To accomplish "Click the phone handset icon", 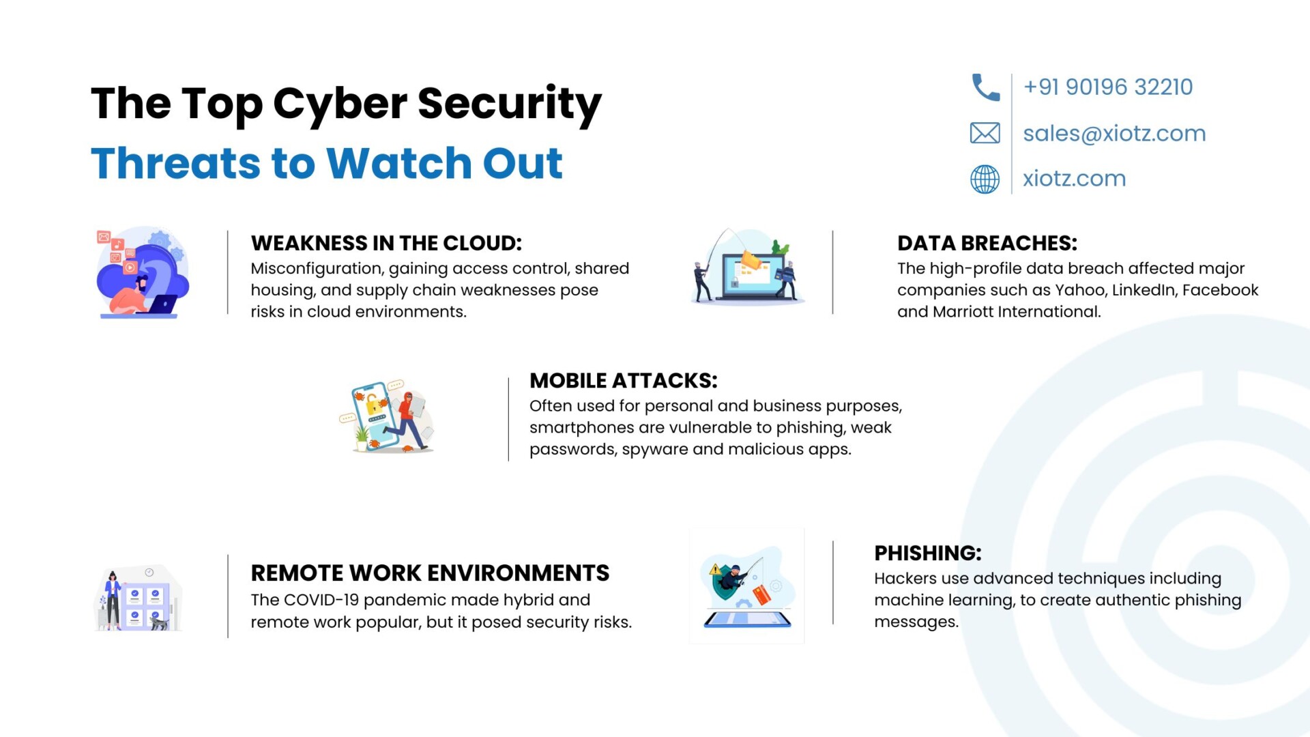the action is point(985,87).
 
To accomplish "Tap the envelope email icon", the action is point(985,132).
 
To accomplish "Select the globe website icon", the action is point(985,179).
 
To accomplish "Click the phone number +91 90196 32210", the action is point(1108,87).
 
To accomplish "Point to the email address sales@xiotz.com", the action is point(1114,133).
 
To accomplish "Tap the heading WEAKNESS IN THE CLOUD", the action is point(386,243).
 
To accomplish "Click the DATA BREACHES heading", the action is point(987,243).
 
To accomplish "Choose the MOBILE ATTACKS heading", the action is point(624,380).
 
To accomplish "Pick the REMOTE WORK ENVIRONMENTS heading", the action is point(430,573).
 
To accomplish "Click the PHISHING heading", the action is point(928,553).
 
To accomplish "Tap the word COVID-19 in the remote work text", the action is point(321,600).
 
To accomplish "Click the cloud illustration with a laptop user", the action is point(143,272).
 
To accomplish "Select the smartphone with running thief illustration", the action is point(387,417).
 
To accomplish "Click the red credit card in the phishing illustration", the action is point(761,594).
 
